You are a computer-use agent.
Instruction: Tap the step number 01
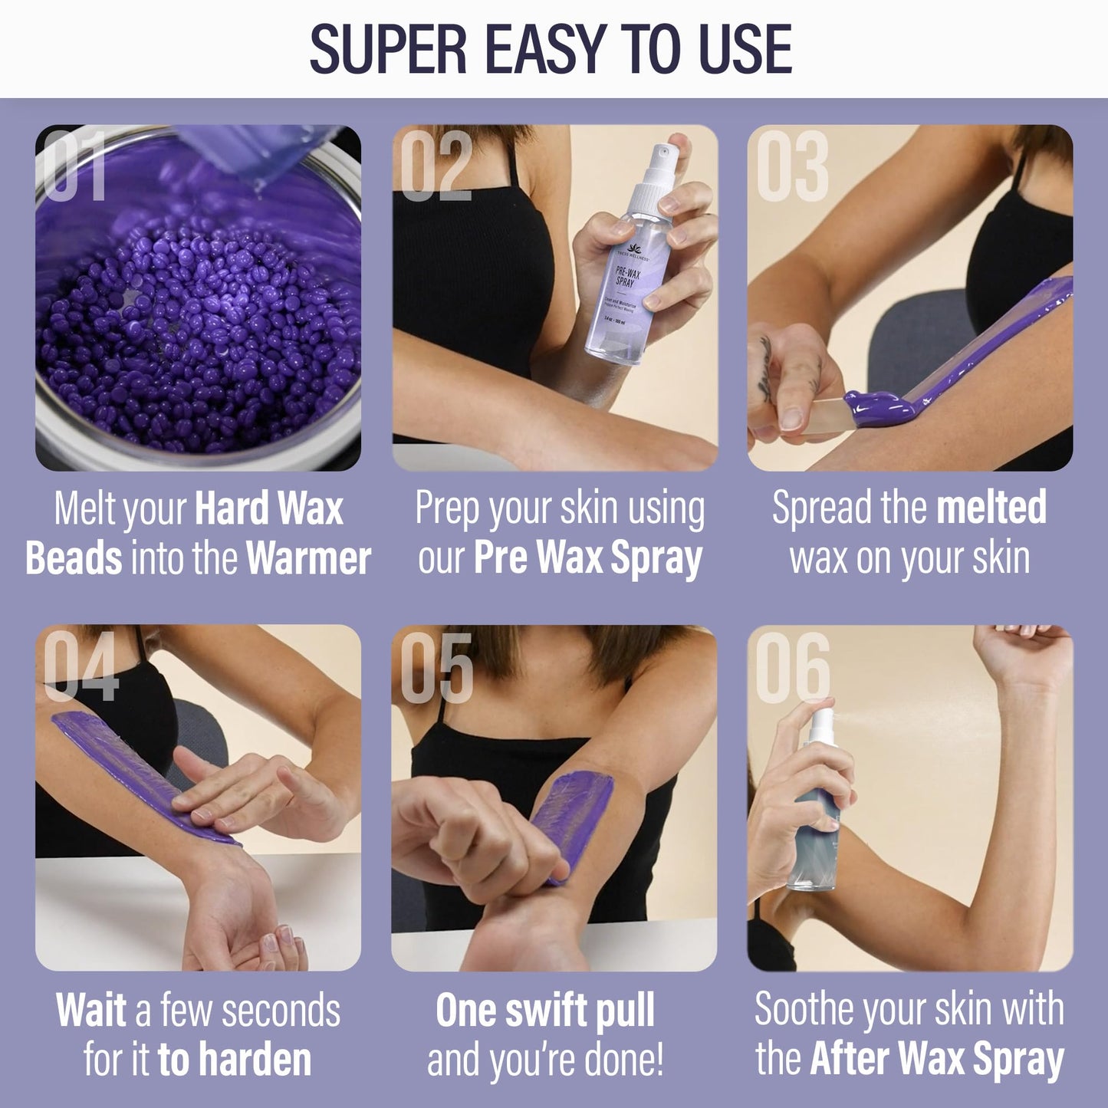point(74,167)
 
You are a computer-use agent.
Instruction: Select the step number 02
point(435,167)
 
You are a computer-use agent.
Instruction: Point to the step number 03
point(791,167)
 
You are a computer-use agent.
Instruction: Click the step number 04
point(80,667)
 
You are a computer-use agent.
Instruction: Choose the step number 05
point(436,667)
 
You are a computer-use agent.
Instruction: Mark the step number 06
point(792,667)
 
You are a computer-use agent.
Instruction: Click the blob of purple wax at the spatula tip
point(874,408)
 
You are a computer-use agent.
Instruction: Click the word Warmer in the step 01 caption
point(308,558)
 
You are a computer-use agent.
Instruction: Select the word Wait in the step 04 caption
point(90,1011)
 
